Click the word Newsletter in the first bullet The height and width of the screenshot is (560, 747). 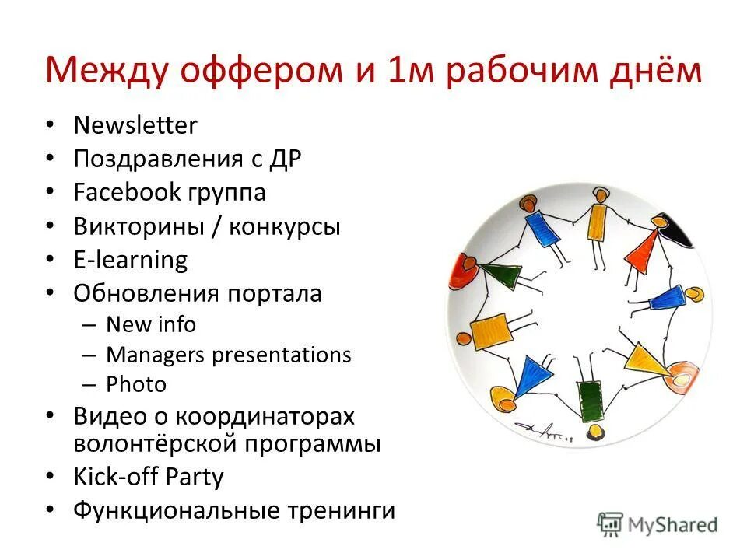point(135,125)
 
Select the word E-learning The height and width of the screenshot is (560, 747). point(131,260)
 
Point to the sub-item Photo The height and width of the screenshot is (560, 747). point(136,384)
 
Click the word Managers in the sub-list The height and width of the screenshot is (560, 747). point(156,355)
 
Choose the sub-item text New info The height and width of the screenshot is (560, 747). point(151,324)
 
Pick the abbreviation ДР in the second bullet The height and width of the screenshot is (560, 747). point(285,159)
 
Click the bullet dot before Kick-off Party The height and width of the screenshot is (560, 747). point(51,477)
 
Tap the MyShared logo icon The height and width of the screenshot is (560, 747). point(610,524)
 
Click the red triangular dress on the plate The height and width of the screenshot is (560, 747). point(643,247)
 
